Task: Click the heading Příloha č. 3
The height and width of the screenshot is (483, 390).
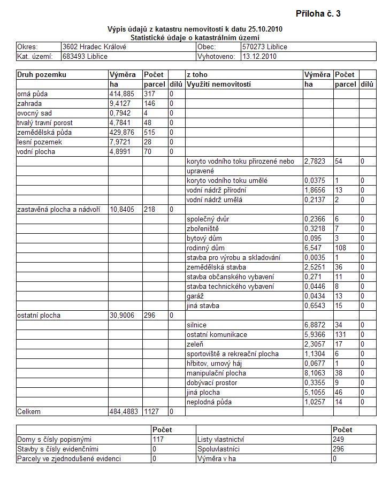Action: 317,13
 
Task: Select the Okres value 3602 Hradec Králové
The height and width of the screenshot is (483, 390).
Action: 94,47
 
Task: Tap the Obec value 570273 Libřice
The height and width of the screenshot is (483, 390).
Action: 264,47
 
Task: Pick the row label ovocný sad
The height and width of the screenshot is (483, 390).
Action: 34,113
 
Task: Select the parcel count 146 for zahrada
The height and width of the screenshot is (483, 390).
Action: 150,104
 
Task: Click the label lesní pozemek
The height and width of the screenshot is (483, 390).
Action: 40,142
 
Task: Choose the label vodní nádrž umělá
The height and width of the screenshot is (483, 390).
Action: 214,200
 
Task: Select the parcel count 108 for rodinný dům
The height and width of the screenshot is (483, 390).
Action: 341,248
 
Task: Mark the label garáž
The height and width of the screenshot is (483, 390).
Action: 195,296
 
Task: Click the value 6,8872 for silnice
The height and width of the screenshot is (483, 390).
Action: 315,325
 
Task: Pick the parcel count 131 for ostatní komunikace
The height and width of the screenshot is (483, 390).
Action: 341,335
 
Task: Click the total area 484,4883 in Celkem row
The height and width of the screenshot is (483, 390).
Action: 124,412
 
